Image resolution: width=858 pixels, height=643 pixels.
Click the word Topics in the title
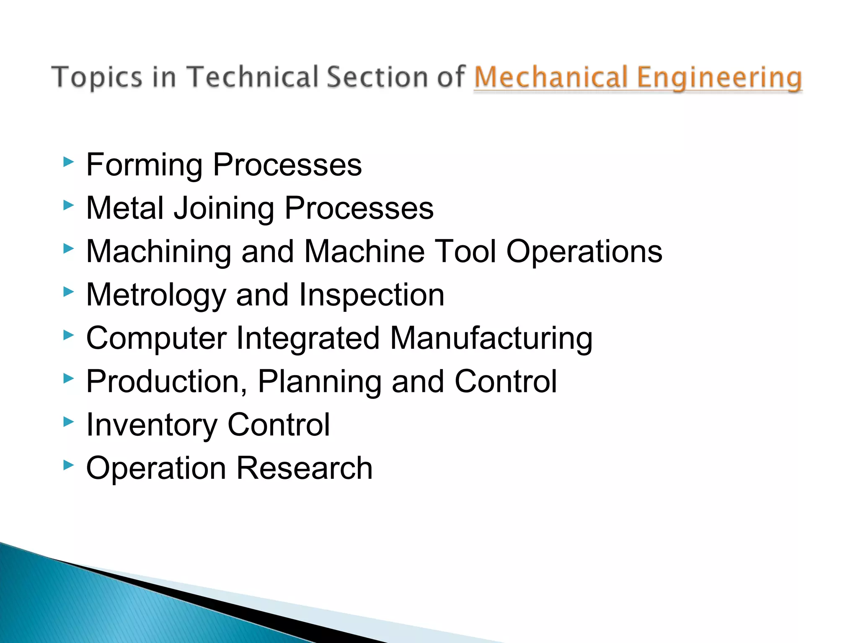97,77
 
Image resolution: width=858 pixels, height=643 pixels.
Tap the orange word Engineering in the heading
719,78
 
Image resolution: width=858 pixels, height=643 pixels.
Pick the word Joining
224,208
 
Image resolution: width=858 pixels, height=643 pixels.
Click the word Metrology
156,296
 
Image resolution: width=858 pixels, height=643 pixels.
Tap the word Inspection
371,296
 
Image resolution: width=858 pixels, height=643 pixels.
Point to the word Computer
156,339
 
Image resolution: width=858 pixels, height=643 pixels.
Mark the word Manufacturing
491,339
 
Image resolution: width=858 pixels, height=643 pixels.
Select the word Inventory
152,425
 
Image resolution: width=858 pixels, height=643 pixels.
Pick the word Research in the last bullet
304,468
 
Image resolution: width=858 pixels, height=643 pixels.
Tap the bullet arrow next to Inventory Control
68,422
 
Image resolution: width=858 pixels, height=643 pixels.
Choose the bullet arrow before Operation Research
68,465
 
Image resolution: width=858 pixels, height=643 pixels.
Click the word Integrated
308,338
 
